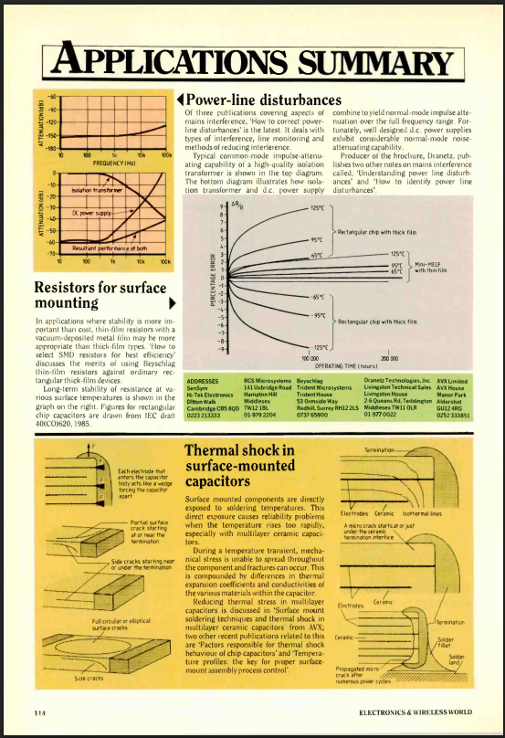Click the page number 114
point(39,711)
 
